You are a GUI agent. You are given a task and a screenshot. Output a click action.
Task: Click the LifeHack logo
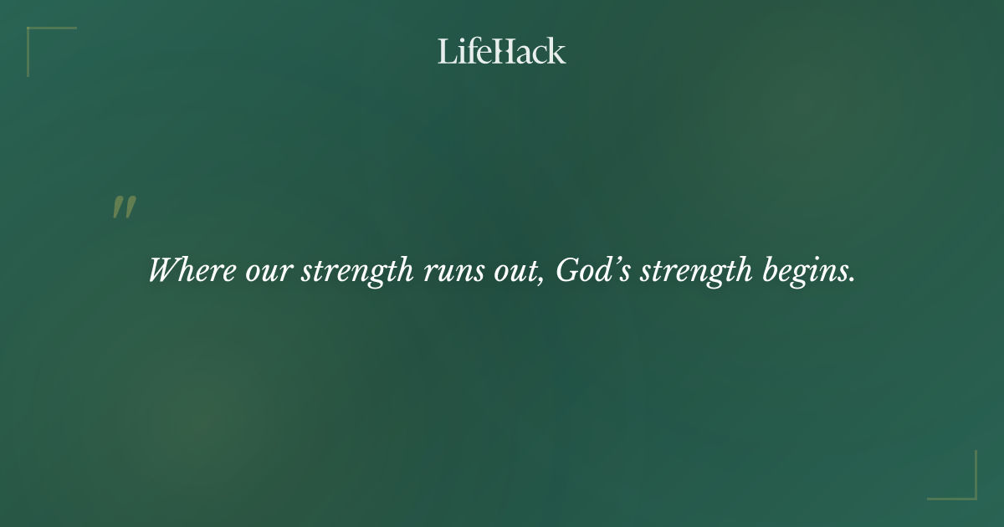(x=501, y=51)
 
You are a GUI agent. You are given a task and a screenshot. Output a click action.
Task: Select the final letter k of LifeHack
(x=557, y=51)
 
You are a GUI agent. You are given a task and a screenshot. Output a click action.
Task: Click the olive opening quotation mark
(x=124, y=207)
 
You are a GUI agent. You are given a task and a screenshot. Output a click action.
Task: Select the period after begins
(x=853, y=280)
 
